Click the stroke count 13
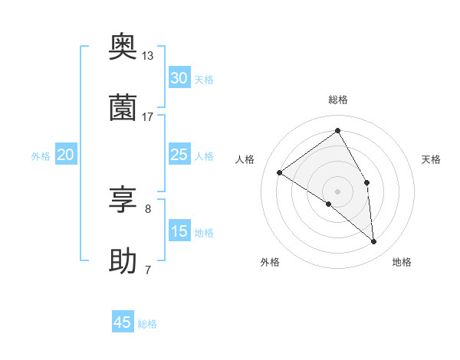[x=147, y=55]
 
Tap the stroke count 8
[x=147, y=208]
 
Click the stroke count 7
[x=147, y=270]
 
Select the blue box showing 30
[x=179, y=78]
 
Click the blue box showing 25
[x=179, y=155]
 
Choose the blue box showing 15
[x=179, y=231]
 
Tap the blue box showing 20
[x=66, y=155]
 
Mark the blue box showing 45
[x=123, y=322]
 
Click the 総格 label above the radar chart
[x=337, y=100]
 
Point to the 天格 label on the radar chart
[x=431, y=159]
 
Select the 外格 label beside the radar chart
[x=270, y=262]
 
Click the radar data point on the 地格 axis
[x=374, y=242]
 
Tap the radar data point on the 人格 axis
[x=280, y=172]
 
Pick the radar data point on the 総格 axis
[x=337, y=131]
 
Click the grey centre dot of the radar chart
[x=337, y=191]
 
